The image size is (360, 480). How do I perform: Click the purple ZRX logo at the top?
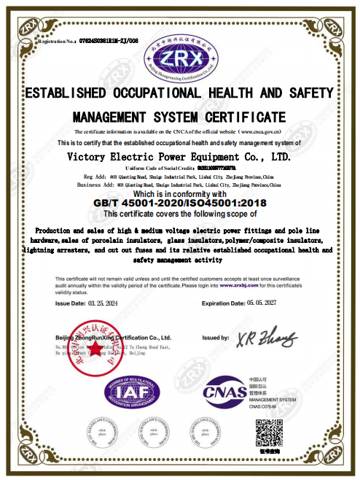(x=179, y=57)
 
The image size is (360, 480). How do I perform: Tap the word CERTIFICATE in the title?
(x=249, y=117)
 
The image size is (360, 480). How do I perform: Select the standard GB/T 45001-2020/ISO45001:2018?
(x=180, y=203)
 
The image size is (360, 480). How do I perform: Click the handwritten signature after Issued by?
(x=270, y=338)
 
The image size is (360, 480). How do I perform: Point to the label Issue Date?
(x=71, y=303)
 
